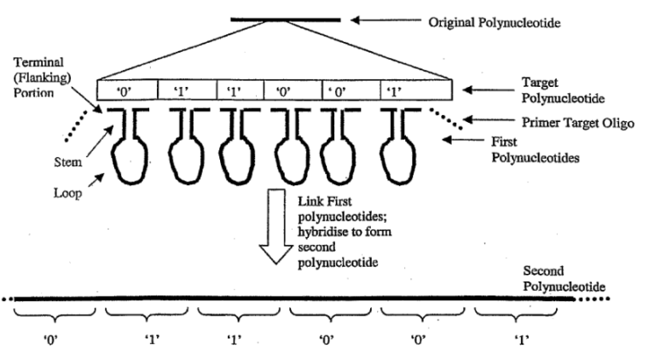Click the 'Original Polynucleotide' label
pos(494,22)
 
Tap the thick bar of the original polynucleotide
pos(286,20)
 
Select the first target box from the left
pos(127,90)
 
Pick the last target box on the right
pos(416,90)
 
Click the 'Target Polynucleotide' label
pos(563,90)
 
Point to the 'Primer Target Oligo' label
pos(577,122)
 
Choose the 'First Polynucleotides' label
pos(535,150)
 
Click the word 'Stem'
pos(67,162)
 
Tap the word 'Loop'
pos(67,193)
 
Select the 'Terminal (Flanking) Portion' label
pos(42,78)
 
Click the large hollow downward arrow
pos(276,226)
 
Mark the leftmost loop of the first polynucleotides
pos(130,160)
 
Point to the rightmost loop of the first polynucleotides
pos(398,160)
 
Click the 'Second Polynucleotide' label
pos(564,279)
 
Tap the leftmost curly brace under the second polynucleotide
pos(55,315)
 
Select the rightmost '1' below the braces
pos(521,340)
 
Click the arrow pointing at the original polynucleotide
pos(385,20)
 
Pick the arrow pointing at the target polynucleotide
pos(489,90)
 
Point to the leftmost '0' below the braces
pos(50,340)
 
